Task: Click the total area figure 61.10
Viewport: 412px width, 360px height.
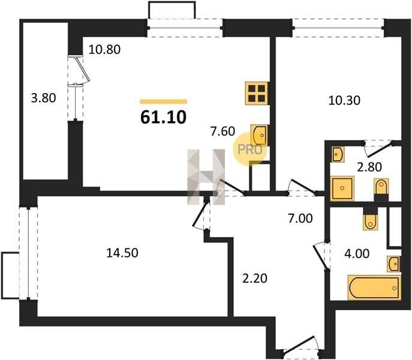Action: coord(164,117)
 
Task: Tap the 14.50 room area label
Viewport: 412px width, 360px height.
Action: coord(122,253)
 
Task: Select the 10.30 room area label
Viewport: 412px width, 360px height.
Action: coord(344,100)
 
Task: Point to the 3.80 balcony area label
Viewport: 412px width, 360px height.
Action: coord(43,98)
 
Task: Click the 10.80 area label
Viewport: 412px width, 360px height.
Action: coord(104,49)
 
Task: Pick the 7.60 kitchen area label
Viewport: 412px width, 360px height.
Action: coord(222,131)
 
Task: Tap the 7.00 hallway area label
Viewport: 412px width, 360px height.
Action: coord(300,218)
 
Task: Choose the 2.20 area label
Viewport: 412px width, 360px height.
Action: coord(255,278)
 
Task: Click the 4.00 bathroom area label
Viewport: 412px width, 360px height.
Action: coord(357,254)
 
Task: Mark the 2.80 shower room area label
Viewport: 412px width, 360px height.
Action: coord(369,167)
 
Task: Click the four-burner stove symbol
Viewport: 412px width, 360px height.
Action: coord(257,94)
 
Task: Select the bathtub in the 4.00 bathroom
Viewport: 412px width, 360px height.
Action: coord(374,287)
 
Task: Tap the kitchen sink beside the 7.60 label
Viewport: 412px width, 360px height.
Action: coord(259,135)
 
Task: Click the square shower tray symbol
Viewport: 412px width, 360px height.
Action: coord(342,188)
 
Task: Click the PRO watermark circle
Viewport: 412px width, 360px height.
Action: coord(250,149)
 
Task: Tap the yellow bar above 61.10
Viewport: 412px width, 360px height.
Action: coord(164,102)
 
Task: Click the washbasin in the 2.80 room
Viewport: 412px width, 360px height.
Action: coord(337,154)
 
